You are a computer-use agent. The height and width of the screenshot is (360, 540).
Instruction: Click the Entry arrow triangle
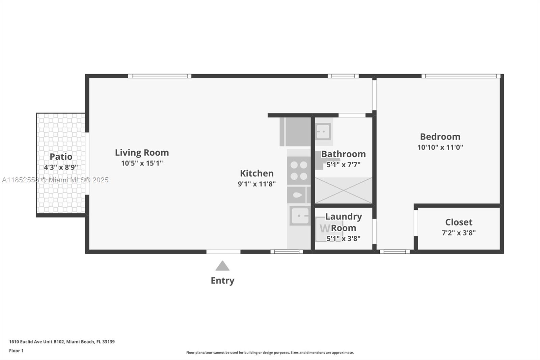coord(222,266)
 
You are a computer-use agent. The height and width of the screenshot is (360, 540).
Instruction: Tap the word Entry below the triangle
coord(222,281)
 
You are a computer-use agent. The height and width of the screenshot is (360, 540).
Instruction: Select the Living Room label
coord(142,153)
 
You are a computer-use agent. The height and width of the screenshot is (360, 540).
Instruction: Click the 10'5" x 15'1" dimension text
coord(142,163)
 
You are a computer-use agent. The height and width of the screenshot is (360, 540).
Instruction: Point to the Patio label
coord(61,157)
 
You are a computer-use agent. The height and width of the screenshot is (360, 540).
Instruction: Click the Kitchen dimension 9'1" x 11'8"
coord(256,184)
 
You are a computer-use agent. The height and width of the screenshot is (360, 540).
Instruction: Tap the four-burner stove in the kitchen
coord(299,171)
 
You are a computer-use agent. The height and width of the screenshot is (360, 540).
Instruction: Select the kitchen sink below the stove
coord(300,216)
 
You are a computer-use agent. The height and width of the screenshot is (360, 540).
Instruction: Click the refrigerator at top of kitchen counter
coord(296,132)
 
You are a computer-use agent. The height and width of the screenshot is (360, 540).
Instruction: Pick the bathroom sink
coord(323,131)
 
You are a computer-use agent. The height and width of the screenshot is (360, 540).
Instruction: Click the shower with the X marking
coord(343,190)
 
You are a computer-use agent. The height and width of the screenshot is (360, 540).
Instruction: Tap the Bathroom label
coord(343,154)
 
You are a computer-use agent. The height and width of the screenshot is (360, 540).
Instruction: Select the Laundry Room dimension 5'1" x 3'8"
coord(343,238)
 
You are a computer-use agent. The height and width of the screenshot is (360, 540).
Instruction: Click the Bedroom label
coord(440,137)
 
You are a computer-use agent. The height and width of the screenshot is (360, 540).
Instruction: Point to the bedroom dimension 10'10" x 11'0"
coord(440,147)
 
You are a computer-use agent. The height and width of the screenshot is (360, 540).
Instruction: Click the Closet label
coord(458,222)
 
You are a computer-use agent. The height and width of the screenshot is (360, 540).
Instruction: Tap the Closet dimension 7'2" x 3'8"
coord(458,233)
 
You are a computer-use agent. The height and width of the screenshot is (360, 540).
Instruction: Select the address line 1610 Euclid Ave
coord(62,342)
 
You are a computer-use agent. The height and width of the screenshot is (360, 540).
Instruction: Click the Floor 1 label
coord(16,351)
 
